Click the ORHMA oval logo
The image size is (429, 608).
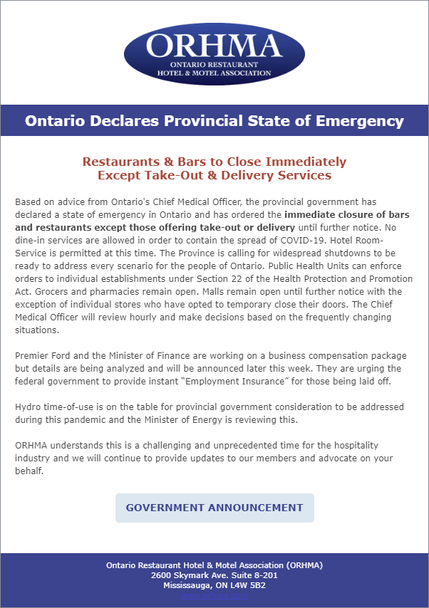coord(214,53)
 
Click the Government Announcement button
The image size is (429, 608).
coord(214,508)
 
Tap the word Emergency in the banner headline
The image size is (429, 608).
coord(361,120)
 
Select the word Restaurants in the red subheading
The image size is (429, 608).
coord(118,162)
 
